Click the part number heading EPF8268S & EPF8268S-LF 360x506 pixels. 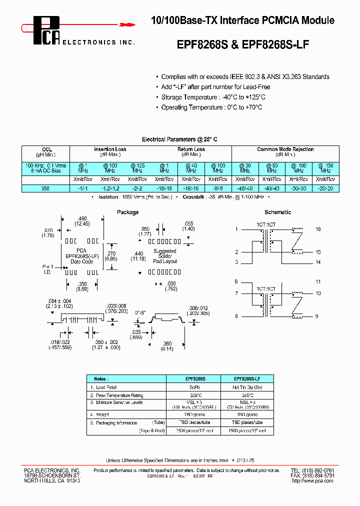coord(243,44)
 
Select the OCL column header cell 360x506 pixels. coord(46,152)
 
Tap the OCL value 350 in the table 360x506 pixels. coord(45,188)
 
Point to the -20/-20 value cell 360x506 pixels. coord(325,188)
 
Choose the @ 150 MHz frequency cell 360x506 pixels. coord(325,167)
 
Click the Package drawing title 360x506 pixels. coord(127,212)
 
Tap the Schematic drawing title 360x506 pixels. coord(277,212)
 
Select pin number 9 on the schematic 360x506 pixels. coord(317,316)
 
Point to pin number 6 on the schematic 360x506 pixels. coord(236,282)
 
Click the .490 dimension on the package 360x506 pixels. coord(83,218)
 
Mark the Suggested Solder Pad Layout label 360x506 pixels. coord(164,256)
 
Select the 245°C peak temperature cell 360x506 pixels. coord(247,395)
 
